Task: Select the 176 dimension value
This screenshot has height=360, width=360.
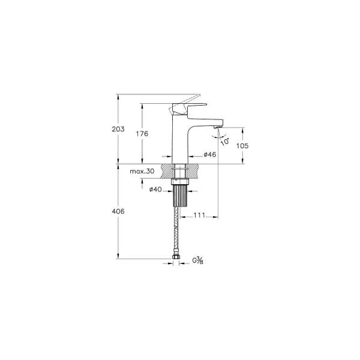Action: click(x=142, y=134)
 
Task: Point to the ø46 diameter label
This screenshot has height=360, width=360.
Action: click(x=209, y=155)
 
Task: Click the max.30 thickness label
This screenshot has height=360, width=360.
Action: click(x=142, y=172)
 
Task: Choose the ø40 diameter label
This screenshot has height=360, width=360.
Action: click(x=155, y=190)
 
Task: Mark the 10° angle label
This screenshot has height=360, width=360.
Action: click(x=224, y=142)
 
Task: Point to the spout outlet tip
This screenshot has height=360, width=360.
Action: click(x=218, y=127)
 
